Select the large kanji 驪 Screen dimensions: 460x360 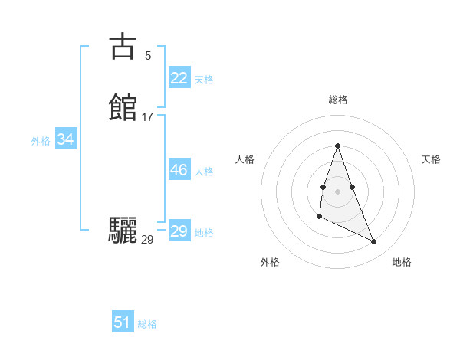(x=123, y=231)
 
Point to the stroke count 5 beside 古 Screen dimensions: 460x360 (x=147, y=55)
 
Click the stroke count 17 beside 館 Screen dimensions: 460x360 (x=147, y=117)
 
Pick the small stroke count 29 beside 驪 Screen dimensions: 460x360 (x=147, y=240)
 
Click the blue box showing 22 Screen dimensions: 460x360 (x=179, y=77)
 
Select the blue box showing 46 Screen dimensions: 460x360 (x=179, y=170)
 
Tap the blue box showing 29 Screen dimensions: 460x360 (x=179, y=231)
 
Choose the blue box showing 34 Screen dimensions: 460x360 (x=65, y=139)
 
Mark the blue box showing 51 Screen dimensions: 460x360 (x=122, y=322)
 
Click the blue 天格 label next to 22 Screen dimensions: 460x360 (x=204, y=79)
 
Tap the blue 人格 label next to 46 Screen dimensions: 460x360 (x=204, y=172)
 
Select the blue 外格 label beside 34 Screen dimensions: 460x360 (x=41, y=141)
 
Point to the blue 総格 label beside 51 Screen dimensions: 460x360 (x=147, y=324)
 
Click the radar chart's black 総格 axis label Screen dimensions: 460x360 (x=338, y=100)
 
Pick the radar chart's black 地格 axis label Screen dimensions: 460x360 (x=402, y=262)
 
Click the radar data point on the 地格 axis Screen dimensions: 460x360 (x=374, y=242)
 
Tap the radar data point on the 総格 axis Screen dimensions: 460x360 (x=337, y=146)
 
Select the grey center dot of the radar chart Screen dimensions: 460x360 (x=337, y=190)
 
